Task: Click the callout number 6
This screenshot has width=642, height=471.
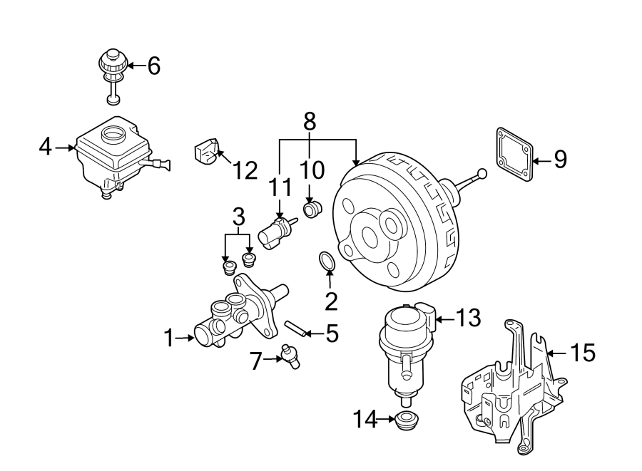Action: point(153,66)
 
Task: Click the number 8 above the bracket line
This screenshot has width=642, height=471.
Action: point(310,121)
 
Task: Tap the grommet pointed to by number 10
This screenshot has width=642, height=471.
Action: point(312,209)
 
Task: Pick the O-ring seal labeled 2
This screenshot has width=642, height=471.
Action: point(327,263)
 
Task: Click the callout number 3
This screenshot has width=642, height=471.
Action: point(238,214)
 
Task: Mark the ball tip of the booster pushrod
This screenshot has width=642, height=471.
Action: point(482,173)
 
